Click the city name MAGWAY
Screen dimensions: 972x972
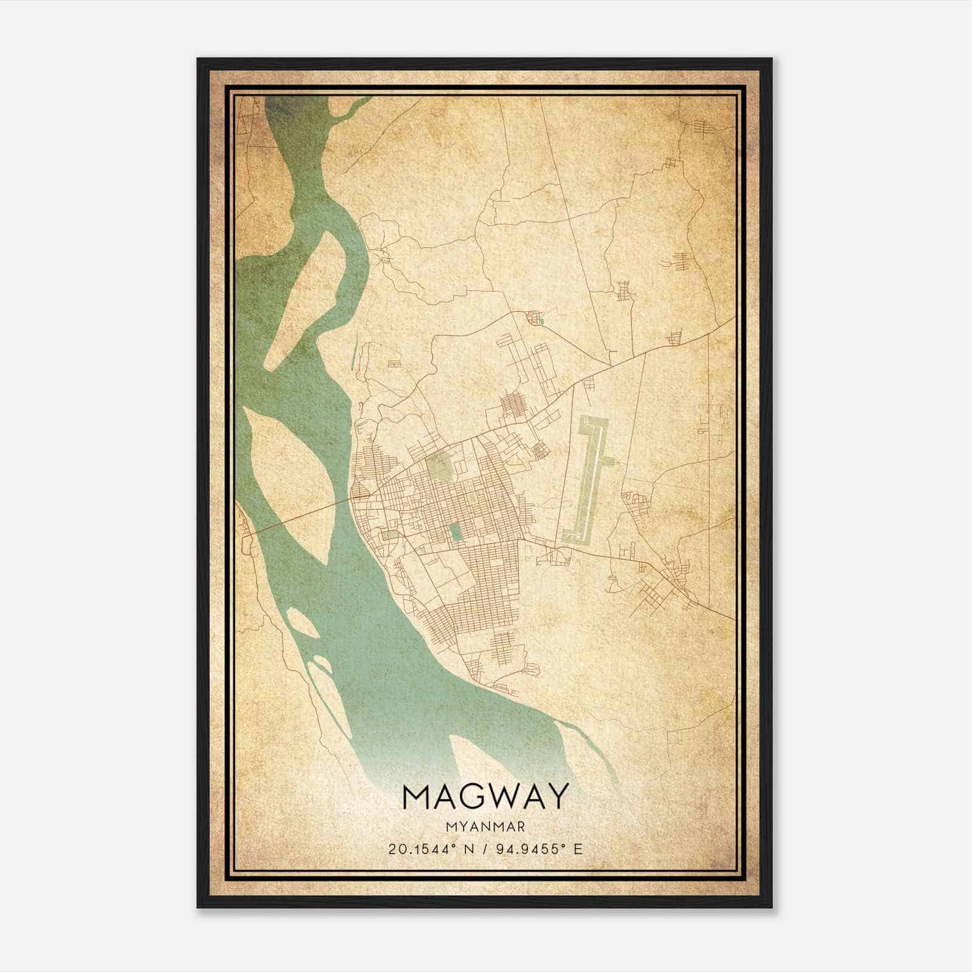[x=485, y=796]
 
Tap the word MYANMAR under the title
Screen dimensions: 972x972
[x=485, y=826]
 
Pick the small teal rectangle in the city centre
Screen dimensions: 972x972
[x=455, y=533]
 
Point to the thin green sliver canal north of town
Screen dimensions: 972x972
[x=354, y=352]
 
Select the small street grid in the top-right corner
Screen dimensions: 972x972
[x=708, y=128]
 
